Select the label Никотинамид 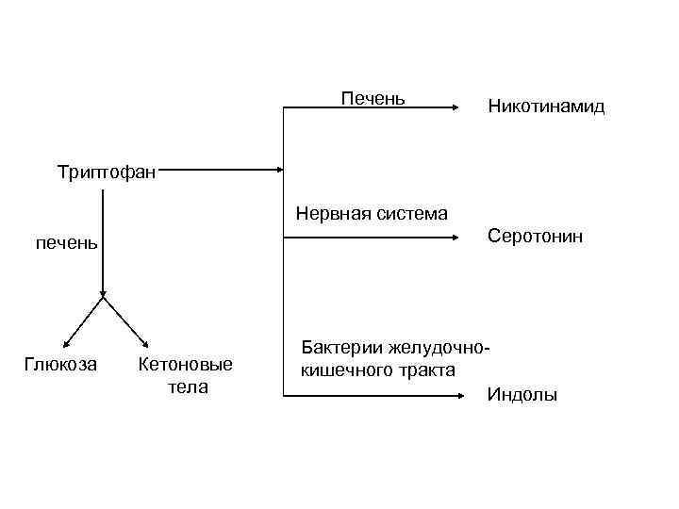546,107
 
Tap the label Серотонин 535,236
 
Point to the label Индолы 522,395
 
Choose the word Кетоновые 185,365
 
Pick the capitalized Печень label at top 373,98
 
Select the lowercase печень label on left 66,244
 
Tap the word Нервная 332,213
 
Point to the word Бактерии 339,348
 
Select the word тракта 423,369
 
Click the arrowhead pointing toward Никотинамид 449,109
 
